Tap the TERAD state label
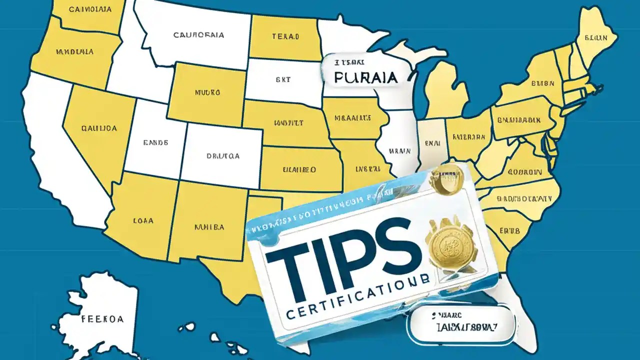point(285,36)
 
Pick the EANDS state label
point(155,142)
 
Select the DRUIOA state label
point(223,156)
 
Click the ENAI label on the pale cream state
point(430,142)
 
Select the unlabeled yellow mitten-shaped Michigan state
point(446,90)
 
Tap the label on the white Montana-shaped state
point(198,35)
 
